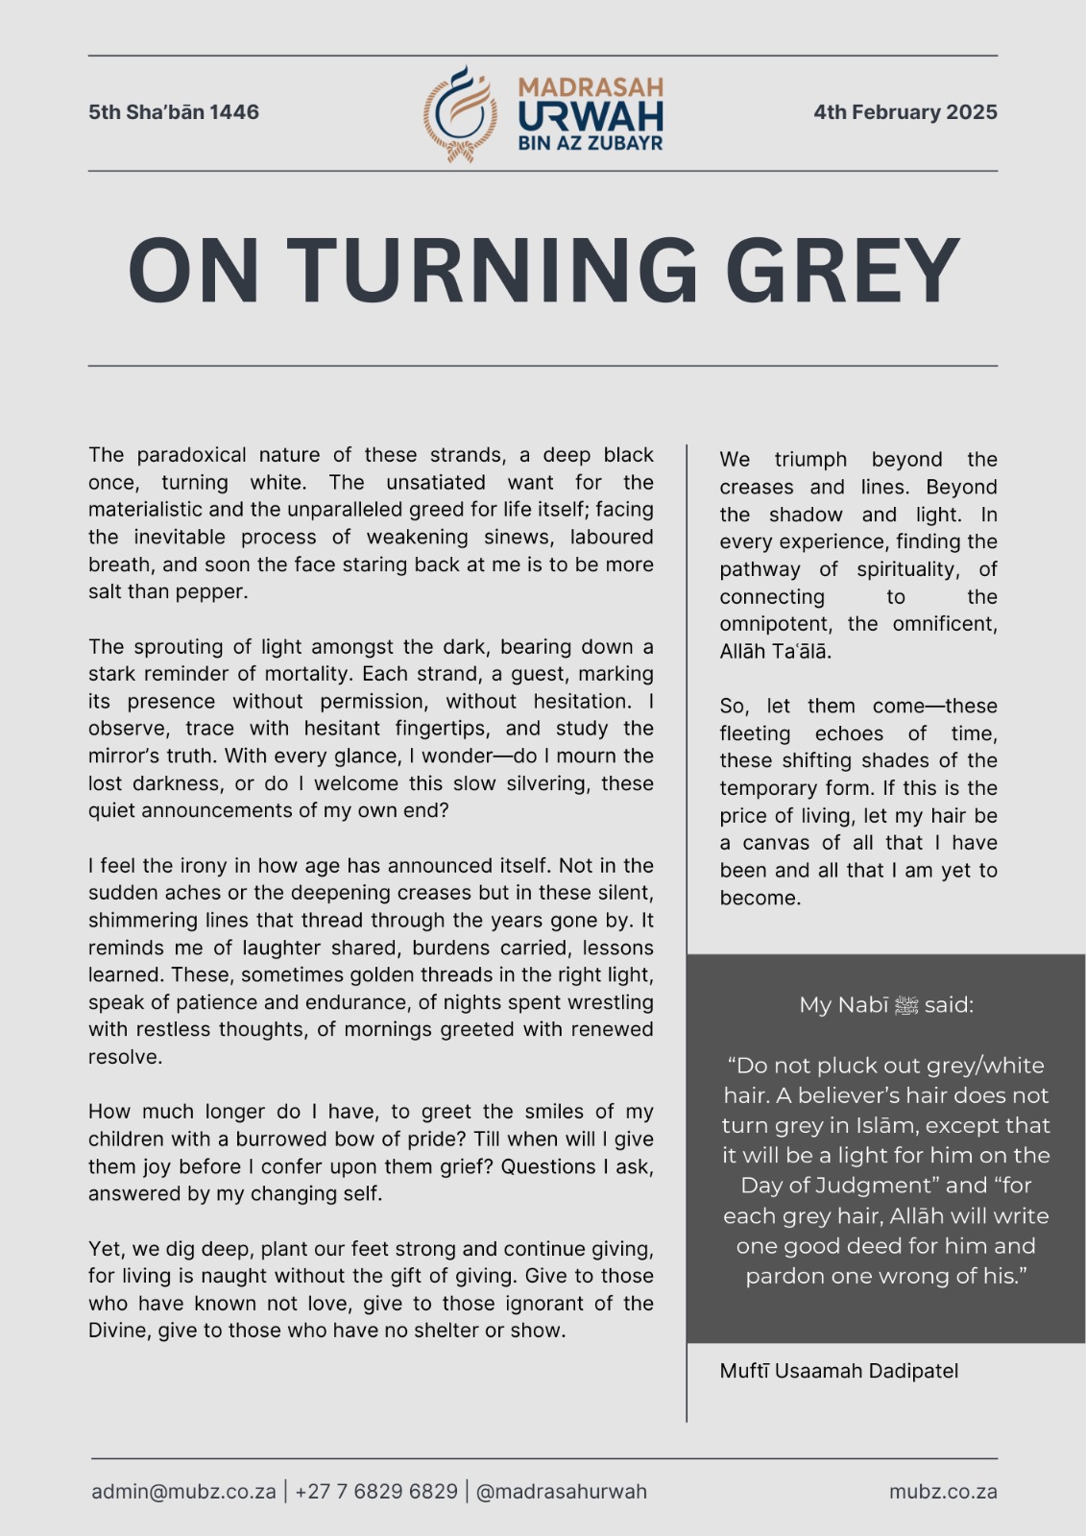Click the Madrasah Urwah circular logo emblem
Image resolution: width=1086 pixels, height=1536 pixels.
pos(460,113)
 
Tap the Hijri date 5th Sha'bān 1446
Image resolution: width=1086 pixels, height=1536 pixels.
pos(174,112)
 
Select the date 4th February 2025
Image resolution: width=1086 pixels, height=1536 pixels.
pos(905,112)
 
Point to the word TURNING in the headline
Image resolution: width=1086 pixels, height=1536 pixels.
pos(492,271)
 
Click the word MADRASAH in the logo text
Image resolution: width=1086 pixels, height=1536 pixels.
pos(591,88)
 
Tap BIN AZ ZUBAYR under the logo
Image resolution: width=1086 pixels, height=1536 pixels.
pos(591,144)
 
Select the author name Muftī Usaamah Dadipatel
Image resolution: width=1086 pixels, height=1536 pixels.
pos(838,1371)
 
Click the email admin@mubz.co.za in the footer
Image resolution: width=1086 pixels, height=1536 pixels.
pos(183,1492)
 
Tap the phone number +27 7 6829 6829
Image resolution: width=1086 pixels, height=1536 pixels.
pos(376,1492)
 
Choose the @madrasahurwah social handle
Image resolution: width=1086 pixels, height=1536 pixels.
pos(561,1492)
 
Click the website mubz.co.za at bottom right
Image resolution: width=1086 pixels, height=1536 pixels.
pos(943,1492)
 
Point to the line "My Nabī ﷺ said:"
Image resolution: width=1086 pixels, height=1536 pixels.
pos(886,1005)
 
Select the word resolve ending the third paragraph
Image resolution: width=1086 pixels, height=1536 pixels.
pos(125,1057)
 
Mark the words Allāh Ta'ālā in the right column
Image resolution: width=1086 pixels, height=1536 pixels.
pos(775,652)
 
